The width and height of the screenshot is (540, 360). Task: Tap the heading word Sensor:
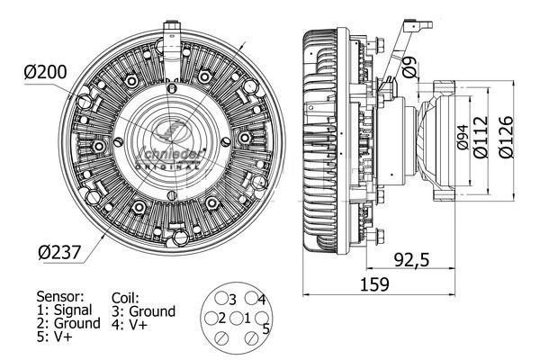[x=60, y=295]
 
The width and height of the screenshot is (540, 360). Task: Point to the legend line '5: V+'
[x=55, y=337]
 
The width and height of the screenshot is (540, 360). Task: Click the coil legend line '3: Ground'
[x=144, y=311]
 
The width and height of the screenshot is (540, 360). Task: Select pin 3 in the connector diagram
[x=229, y=299]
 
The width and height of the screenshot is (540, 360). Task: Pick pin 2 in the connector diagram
[x=217, y=318]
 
